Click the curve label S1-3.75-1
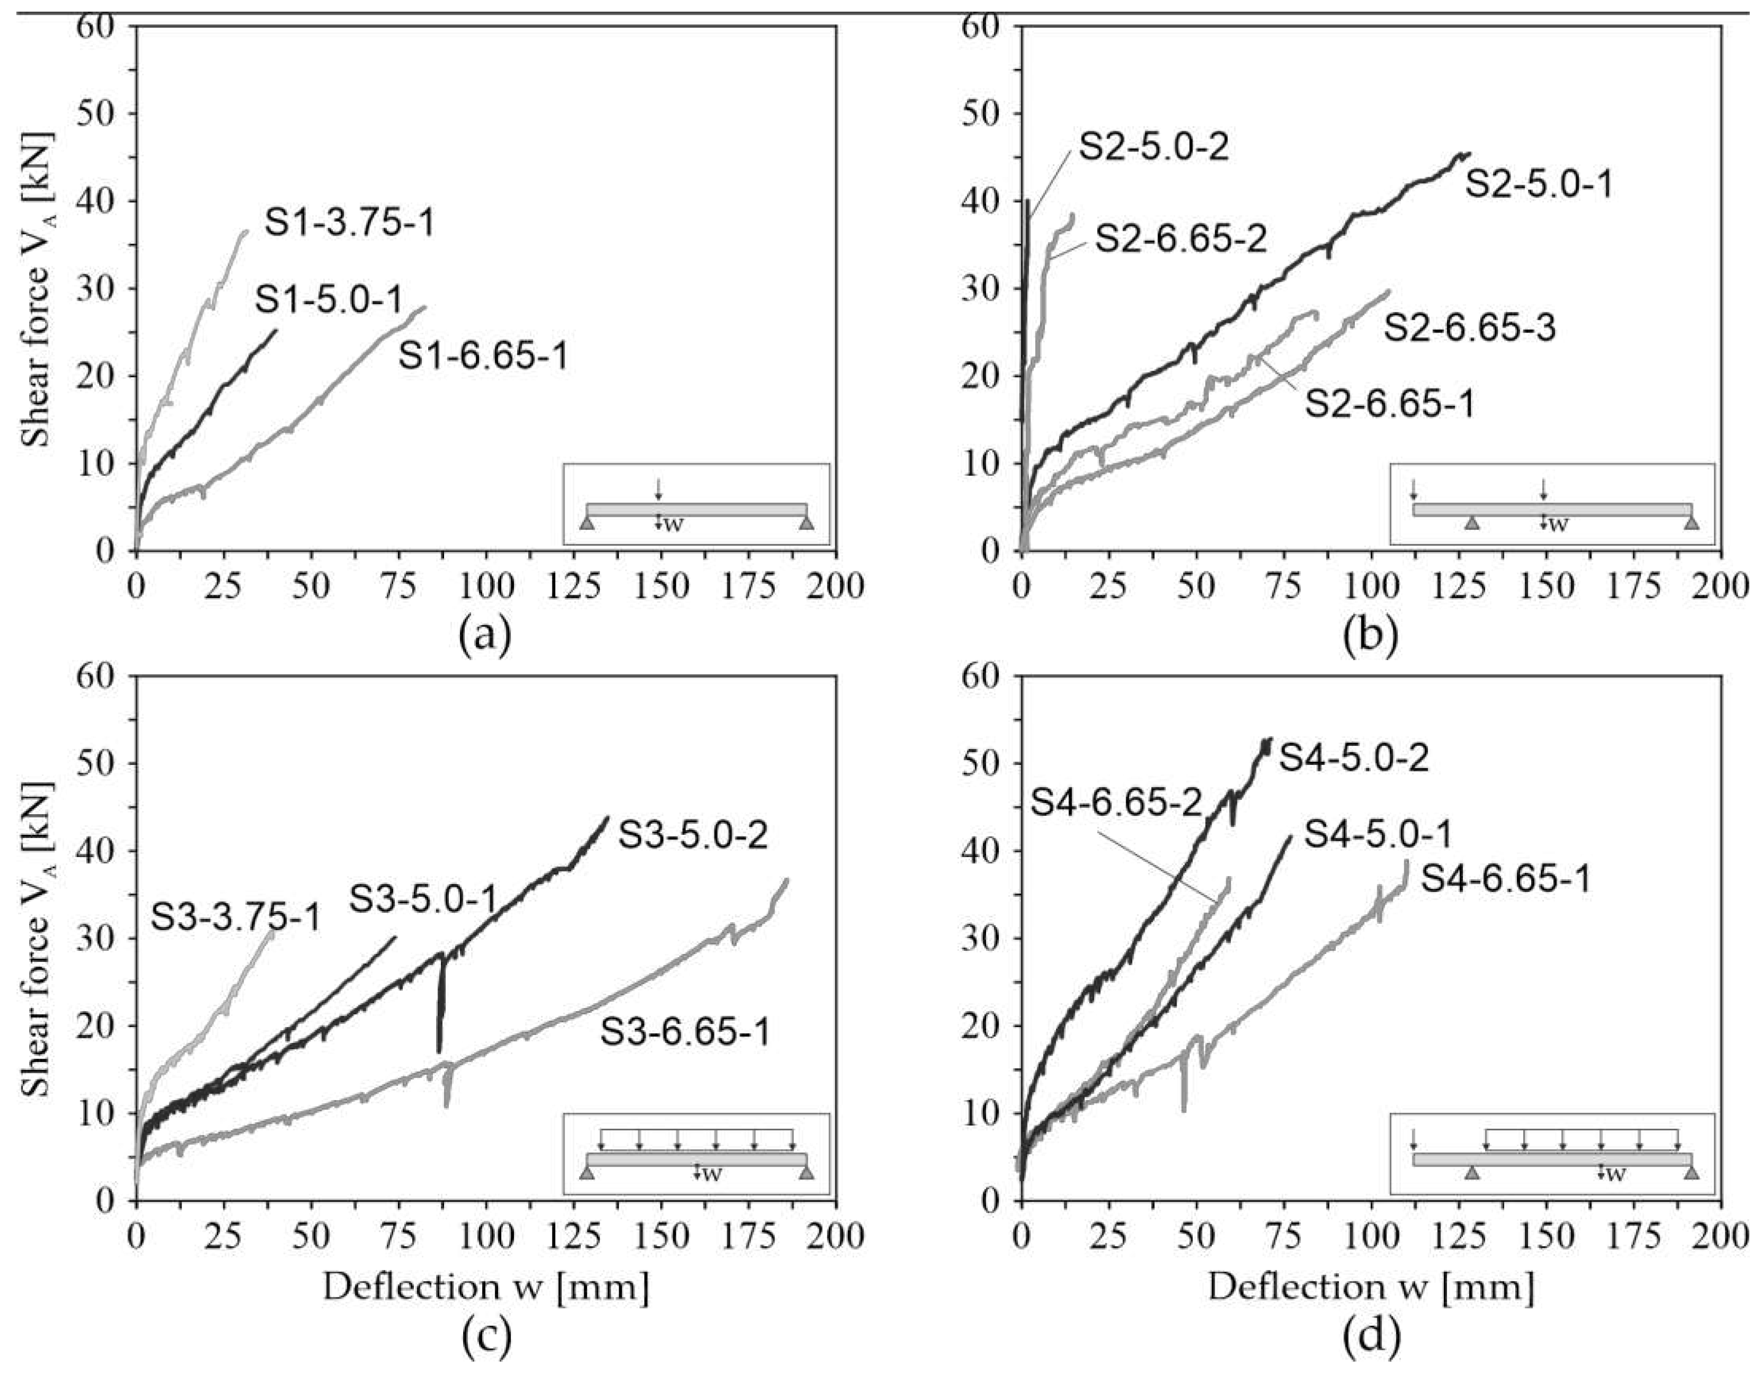349,223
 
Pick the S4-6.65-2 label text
1117,803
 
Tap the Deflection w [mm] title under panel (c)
486,1287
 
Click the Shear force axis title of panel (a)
37,288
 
